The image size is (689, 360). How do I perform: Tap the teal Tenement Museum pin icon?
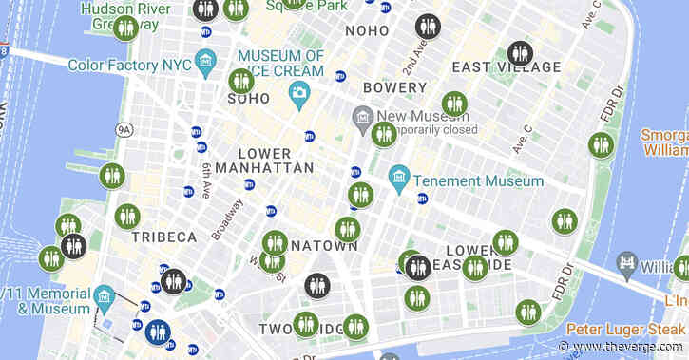pos(400,177)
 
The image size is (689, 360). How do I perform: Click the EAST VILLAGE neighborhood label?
pos(507,67)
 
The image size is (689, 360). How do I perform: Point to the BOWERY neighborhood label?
pos(394,87)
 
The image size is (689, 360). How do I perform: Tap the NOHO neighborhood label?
pos(367,30)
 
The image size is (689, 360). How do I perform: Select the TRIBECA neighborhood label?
pos(164,237)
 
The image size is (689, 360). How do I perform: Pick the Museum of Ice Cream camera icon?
pos(299,93)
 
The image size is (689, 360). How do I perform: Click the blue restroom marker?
pos(158,332)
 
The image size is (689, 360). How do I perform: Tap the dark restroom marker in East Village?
pos(519,53)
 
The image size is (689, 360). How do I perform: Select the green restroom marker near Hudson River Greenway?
pos(125,28)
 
